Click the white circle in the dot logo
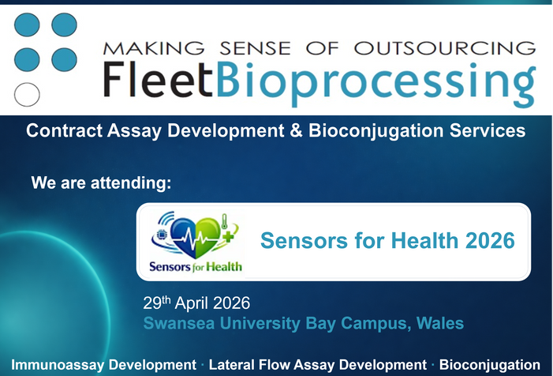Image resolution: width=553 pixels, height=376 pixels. pos(28,94)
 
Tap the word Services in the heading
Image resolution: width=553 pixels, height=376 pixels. pos(484,131)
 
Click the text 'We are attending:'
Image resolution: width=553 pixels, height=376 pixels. pos(101,183)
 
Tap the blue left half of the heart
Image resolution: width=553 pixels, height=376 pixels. pos(181,237)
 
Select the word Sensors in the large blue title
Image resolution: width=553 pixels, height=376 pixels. pos(297,239)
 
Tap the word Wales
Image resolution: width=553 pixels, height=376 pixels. pos(443,323)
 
